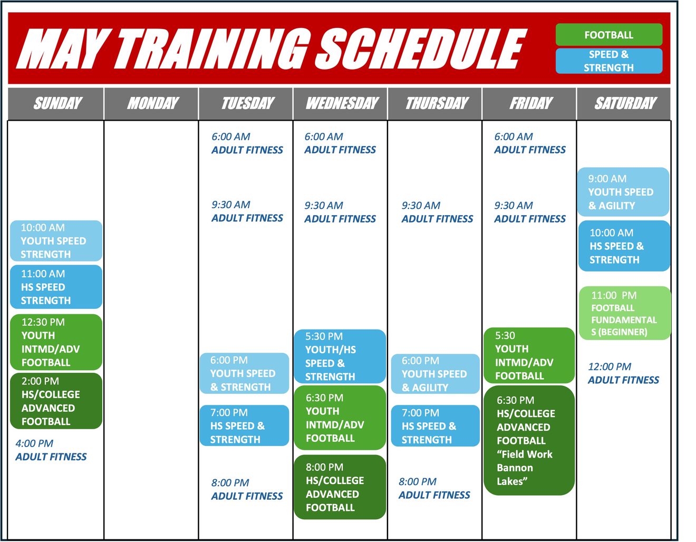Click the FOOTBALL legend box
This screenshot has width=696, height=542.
point(608,35)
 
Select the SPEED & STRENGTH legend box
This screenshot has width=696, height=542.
point(608,61)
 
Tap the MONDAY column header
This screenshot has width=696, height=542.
point(151,103)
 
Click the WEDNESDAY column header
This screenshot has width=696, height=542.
point(340,103)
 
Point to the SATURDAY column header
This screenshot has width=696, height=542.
point(623,103)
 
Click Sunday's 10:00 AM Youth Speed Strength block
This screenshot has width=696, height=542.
point(56,241)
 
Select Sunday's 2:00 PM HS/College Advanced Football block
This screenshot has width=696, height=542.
point(56,401)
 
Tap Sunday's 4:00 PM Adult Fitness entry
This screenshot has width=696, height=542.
point(51,450)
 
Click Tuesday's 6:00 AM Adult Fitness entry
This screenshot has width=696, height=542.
point(247,143)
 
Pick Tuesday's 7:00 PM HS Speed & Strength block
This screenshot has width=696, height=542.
point(244,425)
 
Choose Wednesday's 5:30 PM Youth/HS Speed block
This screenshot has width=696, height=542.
point(340,356)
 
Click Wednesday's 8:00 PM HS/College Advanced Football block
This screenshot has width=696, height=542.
point(340,487)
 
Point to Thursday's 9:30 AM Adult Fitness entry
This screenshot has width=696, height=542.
point(437,212)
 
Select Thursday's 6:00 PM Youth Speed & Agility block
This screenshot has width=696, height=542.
point(436,374)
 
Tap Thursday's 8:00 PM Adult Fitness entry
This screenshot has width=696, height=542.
point(434,488)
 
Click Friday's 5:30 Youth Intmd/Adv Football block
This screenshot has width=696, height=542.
point(529,355)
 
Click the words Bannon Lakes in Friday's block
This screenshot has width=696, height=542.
point(515,475)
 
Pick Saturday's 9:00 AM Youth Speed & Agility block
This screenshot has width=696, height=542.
point(623,192)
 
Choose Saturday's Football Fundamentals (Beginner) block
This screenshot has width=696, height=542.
point(625,313)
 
